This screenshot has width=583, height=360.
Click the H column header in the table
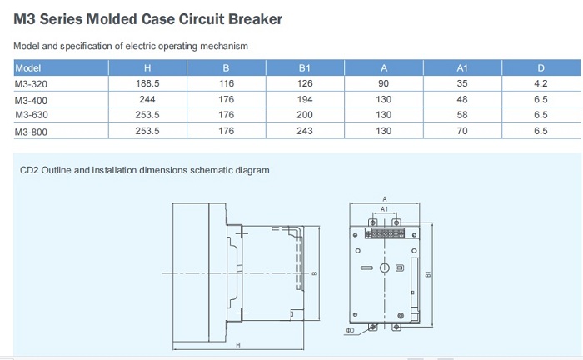[147, 68]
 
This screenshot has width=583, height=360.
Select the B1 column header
[305, 68]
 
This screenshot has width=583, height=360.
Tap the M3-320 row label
[32, 84]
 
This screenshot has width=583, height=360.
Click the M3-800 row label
[32, 132]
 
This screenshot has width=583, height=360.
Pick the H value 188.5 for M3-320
[147, 83]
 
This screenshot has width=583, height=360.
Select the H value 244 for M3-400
[147, 99]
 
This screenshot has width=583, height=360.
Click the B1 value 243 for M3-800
[305, 131]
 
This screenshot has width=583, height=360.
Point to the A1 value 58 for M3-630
[462, 115]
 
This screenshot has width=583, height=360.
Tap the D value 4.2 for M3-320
[541, 83]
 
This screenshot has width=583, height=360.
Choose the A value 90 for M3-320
[383, 83]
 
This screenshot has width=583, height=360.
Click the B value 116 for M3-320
[227, 83]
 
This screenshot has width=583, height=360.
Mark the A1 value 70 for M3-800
[462, 131]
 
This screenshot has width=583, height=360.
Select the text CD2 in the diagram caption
[29, 170]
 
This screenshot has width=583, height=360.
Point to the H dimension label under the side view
[238, 345]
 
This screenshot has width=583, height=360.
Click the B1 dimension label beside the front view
[428, 274]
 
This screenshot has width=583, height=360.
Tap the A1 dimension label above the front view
[384, 209]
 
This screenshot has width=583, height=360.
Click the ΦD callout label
[350, 330]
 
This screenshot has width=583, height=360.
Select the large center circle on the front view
[385, 267]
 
